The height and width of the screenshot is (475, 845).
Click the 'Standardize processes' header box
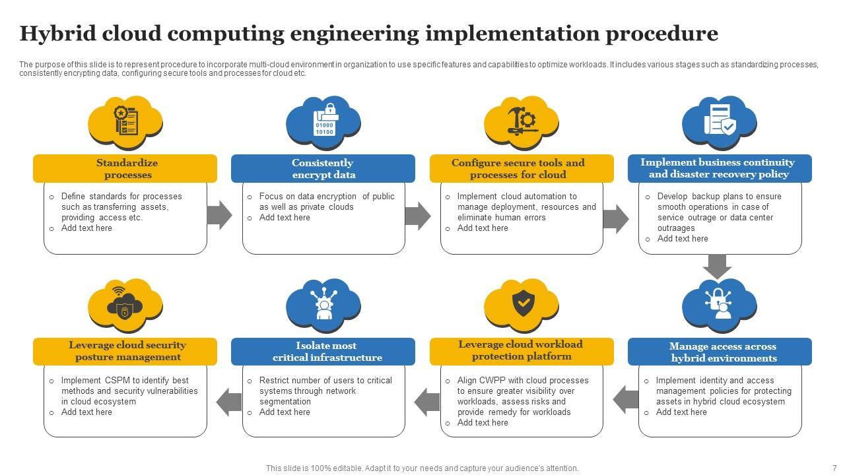tap(125, 168)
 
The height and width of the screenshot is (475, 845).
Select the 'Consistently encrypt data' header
tap(323, 168)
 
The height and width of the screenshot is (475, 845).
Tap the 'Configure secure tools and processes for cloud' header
tap(522, 168)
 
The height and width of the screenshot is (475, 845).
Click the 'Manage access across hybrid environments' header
tap(720, 352)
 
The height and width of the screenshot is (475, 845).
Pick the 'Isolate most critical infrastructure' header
tap(323, 352)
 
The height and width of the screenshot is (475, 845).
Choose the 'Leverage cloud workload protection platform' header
tap(522, 351)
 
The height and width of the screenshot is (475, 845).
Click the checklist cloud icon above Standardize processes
tap(125, 121)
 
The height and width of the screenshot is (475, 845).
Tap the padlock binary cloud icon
tap(323, 121)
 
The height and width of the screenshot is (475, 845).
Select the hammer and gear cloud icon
tap(522, 121)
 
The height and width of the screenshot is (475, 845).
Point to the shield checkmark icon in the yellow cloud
tap(523, 303)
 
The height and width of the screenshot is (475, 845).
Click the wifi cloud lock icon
tap(125, 304)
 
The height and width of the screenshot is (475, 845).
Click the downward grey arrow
tap(718, 266)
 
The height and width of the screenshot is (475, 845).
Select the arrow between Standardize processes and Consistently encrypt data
tap(219, 215)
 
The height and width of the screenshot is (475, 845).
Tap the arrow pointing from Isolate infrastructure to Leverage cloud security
tap(229, 401)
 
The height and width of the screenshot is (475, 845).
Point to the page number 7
tap(834, 468)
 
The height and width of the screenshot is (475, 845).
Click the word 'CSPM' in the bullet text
tap(117, 380)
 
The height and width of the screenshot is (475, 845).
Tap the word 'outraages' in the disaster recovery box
tap(676, 228)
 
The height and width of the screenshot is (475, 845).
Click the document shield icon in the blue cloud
tap(720, 121)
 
